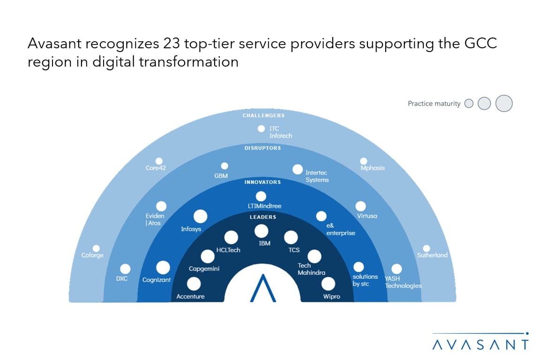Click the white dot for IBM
(x=262, y=231)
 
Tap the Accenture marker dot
(x=194, y=284)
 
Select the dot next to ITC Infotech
(x=262, y=128)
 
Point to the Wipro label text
(x=331, y=296)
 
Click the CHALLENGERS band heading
(x=263, y=115)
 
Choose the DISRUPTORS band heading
(x=263, y=148)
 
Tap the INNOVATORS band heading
(x=263, y=182)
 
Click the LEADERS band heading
(x=263, y=217)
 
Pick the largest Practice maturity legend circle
(x=504, y=103)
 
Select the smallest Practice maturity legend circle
(x=469, y=103)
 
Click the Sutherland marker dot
(x=427, y=248)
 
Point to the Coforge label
(x=92, y=255)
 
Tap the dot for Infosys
(x=201, y=217)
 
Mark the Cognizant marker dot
(x=163, y=268)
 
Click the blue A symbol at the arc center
(x=263, y=288)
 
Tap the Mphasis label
(x=373, y=168)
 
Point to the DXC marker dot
(x=125, y=269)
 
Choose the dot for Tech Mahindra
(x=314, y=256)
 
